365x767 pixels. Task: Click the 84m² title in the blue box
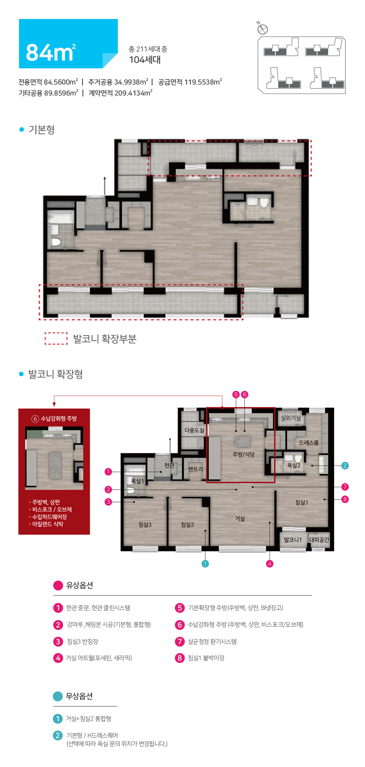click(51, 52)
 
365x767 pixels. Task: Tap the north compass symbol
click(262, 29)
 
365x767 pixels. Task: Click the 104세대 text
click(144, 60)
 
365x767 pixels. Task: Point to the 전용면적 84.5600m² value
click(48, 82)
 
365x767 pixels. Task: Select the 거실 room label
click(240, 519)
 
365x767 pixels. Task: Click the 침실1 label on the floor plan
click(302, 502)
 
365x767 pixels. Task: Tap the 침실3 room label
click(145, 524)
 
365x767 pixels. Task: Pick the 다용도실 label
click(194, 430)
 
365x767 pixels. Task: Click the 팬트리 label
click(195, 469)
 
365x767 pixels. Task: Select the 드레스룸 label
click(309, 443)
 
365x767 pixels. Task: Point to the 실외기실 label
click(291, 418)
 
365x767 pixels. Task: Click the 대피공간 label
click(319, 540)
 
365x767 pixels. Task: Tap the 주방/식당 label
click(244, 454)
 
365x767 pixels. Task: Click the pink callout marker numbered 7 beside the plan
click(345, 487)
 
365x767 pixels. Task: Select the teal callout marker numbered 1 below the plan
click(205, 563)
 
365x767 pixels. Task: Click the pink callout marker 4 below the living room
click(270, 563)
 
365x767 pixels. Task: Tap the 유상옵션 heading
click(79, 585)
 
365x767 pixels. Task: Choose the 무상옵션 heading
click(79, 696)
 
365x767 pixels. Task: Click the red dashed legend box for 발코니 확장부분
click(56, 338)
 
